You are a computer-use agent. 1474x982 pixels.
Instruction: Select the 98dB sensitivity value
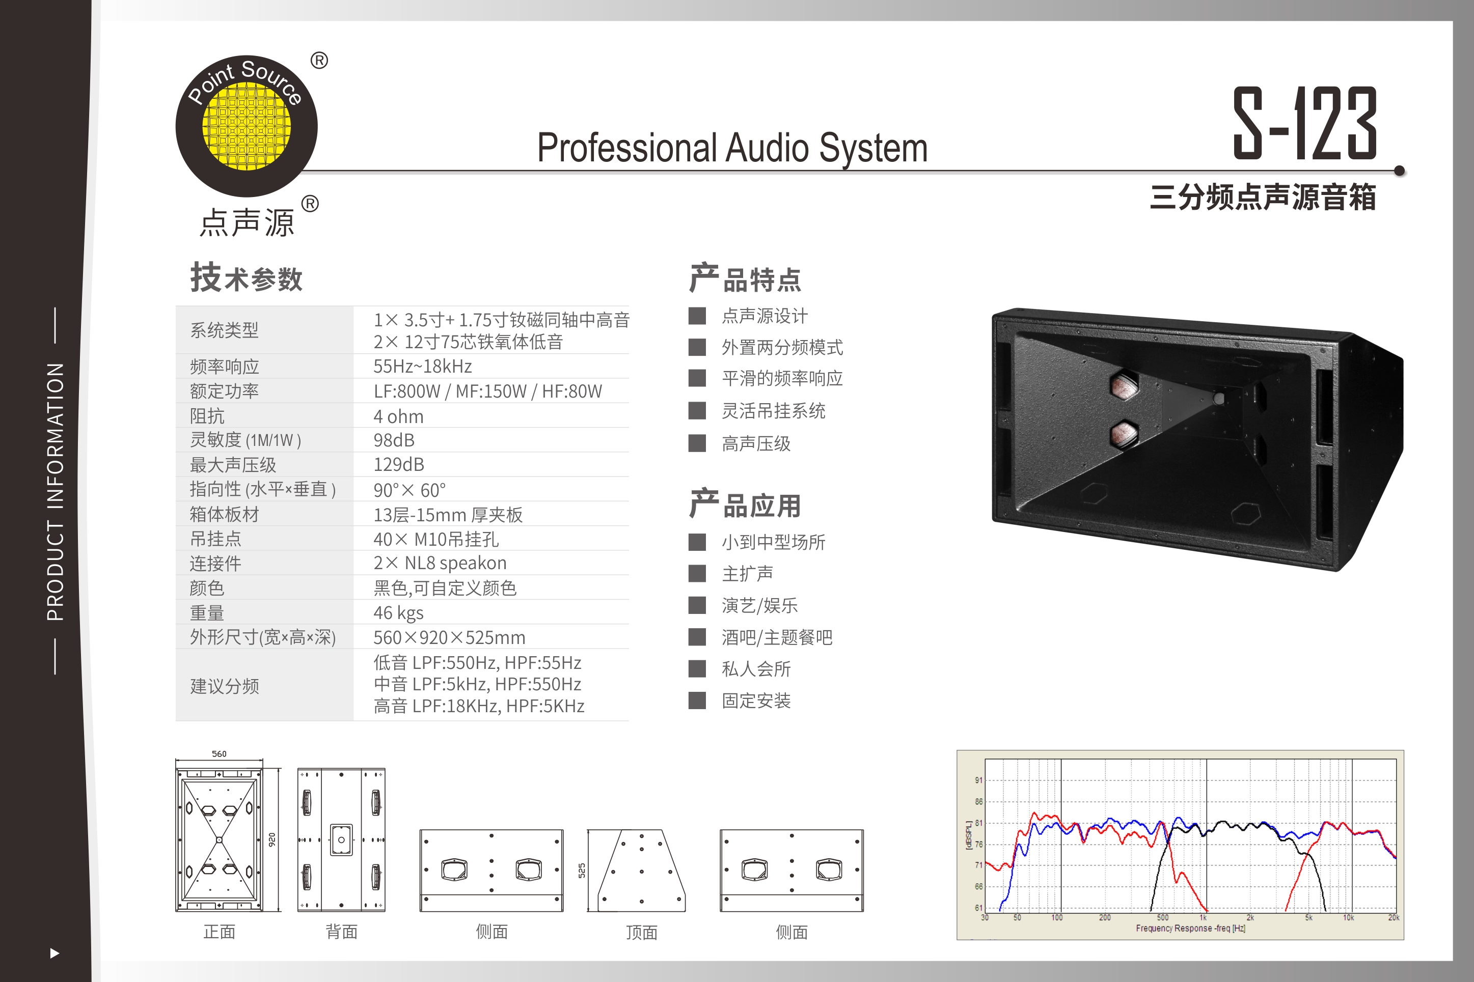point(394,440)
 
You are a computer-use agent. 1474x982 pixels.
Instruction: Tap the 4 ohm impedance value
point(398,416)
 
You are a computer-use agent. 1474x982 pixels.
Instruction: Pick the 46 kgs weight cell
point(398,612)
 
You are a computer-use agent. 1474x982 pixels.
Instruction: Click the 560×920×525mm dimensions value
point(449,637)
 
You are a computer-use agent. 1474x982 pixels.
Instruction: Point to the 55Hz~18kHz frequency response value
point(423,367)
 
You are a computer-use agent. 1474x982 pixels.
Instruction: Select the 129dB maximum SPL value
point(399,465)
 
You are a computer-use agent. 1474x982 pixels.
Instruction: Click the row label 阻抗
point(207,416)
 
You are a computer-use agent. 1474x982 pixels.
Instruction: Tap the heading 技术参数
point(246,278)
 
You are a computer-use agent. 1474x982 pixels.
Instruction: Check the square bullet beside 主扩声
point(697,573)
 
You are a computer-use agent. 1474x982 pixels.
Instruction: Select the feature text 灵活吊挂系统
point(774,411)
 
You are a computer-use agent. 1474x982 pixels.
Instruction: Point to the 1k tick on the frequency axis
point(1203,917)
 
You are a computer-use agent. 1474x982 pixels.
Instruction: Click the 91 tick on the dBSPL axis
point(978,780)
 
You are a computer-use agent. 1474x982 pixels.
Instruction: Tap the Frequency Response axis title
point(1190,928)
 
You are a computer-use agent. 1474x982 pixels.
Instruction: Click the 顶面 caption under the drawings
point(641,933)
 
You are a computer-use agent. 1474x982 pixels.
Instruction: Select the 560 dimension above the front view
point(219,754)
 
